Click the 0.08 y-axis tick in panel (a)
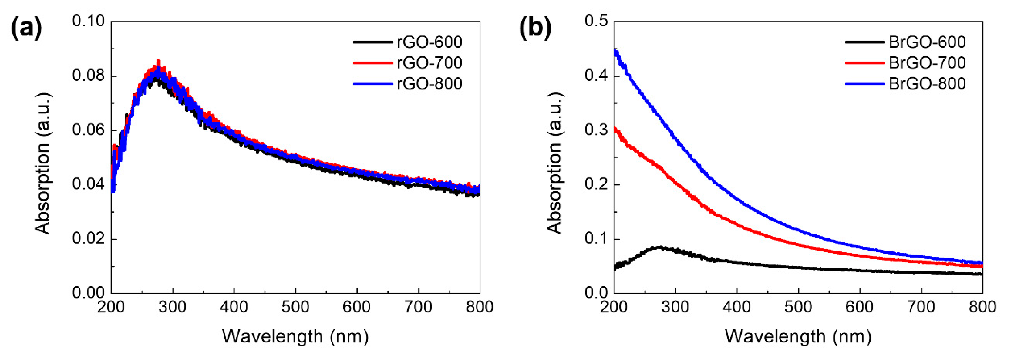(x=88, y=75)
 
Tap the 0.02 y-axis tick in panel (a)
(x=88, y=239)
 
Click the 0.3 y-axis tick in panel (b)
(x=596, y=130)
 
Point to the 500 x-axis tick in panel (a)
(x=295, y=307)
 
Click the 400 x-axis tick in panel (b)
(x=737, y=307)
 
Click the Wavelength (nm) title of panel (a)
(x=295, y=337)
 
